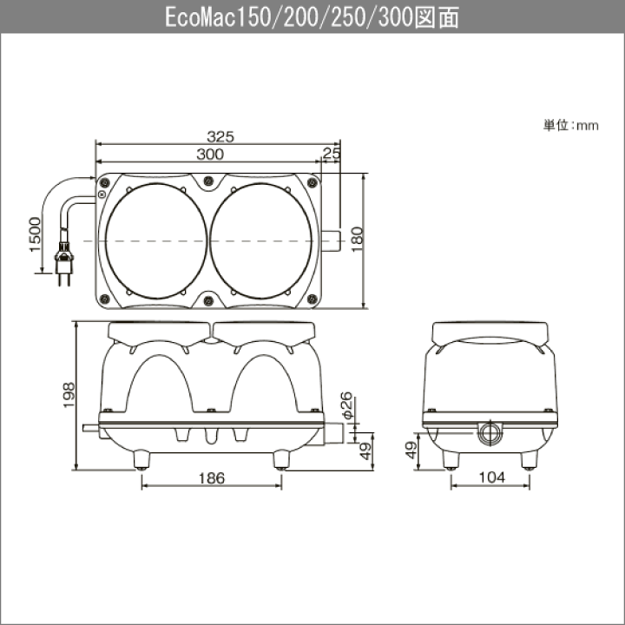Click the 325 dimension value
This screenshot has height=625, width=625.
(220, 137)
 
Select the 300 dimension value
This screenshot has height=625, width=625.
(210, 155)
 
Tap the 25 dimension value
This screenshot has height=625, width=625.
(332, 153)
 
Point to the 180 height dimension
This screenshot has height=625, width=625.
(357, 240)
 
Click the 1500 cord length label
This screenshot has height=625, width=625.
(35, 234)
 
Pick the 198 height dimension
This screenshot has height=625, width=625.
(69, 395)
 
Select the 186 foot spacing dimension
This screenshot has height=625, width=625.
(212, 478)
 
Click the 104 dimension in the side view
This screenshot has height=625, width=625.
(492, 477)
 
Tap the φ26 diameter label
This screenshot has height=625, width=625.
(347, 405)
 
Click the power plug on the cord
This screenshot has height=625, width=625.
(63, 264)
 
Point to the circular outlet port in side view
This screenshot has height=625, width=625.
(490, 432)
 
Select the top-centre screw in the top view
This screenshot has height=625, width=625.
(208, 181)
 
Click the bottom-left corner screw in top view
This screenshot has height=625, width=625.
(104, 299)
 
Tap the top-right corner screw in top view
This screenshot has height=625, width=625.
(312, 182)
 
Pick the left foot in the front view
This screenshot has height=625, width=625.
(141, 459)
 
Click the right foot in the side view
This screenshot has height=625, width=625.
(530, 460)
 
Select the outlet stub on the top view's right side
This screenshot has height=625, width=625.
(331, 240)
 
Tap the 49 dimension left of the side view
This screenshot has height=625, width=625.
(411, 451)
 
